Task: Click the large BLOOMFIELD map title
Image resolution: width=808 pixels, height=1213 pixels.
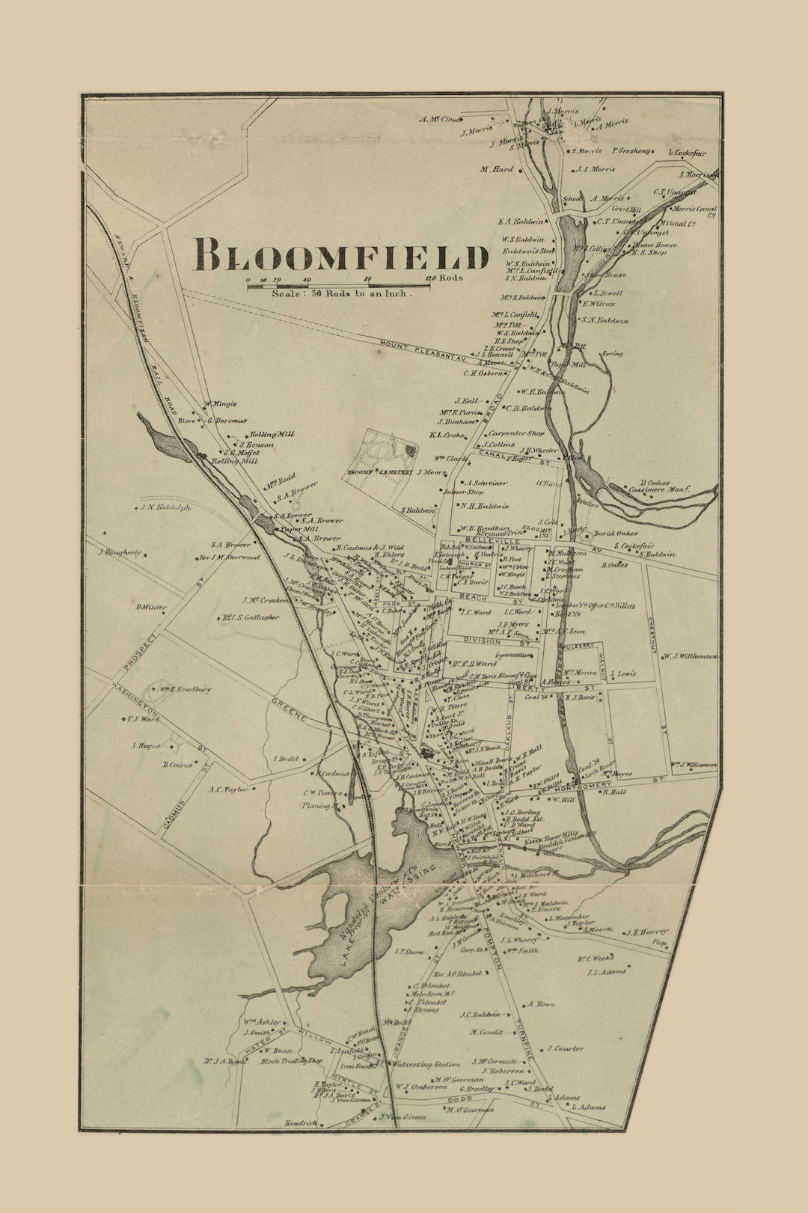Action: point(340,255)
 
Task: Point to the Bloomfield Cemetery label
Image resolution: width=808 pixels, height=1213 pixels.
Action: point(380,473)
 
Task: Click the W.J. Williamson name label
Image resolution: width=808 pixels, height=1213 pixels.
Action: point(690,656)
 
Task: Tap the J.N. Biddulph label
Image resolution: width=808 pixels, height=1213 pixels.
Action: point(165,507)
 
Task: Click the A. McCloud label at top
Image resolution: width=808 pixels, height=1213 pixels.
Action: point(441,119)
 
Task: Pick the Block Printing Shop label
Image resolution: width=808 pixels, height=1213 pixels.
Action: point(292,1061)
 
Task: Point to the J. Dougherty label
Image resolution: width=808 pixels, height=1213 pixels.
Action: point(120,553)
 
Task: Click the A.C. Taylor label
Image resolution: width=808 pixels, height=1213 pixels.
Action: point(228,789)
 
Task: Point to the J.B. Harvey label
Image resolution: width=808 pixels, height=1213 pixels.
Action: point(646,932)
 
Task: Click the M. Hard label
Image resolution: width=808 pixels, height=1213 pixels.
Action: point(497,169)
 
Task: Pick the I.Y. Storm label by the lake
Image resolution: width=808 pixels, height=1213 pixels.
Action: point(408,953)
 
